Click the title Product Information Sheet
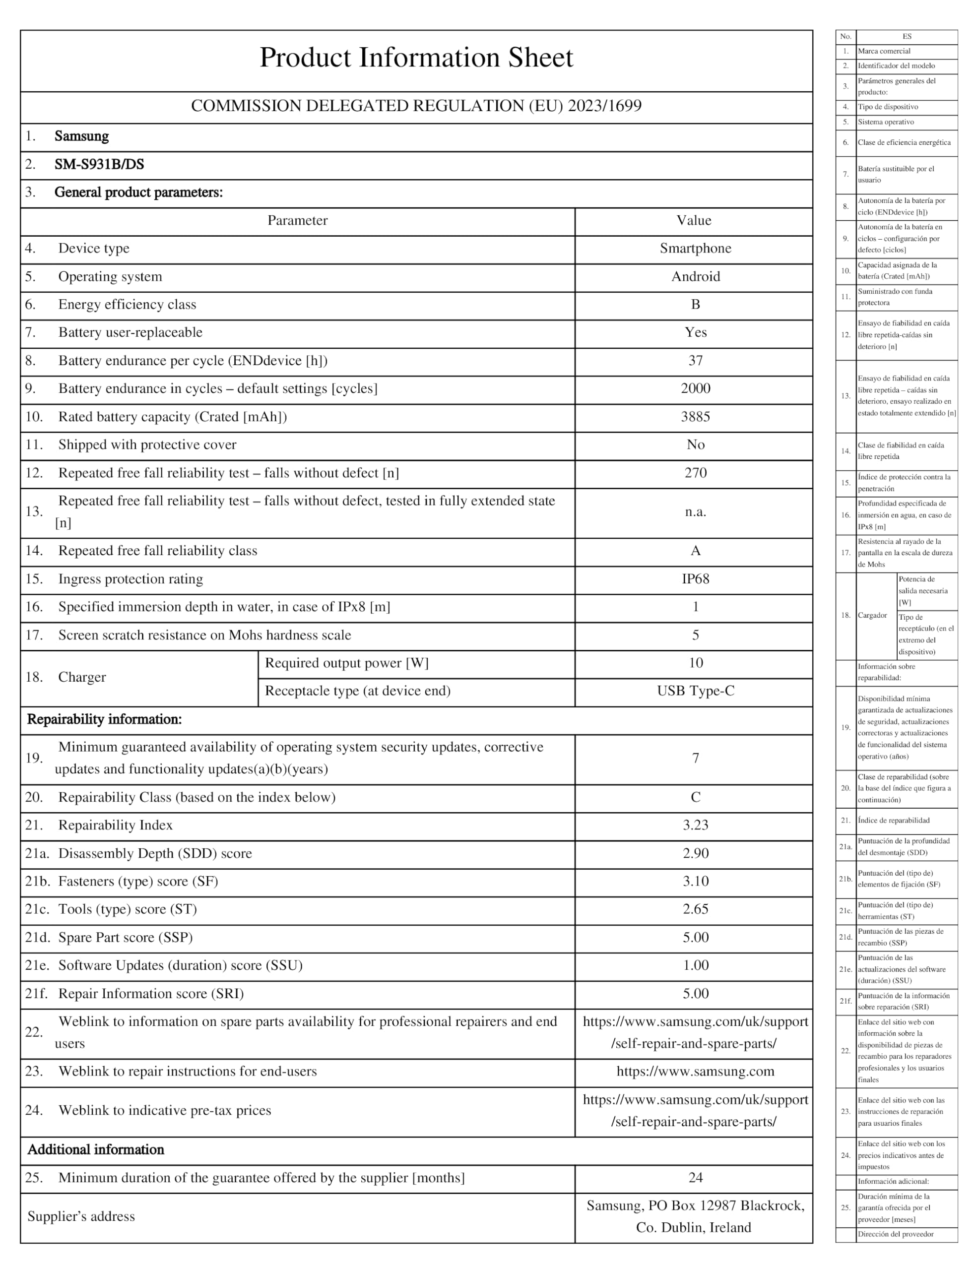(x=416, y=58)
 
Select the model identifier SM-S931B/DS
(x=99, y=165)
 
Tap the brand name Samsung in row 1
(x=81, y=136)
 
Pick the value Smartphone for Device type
(x=695, y=249)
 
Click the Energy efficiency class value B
(x=695, y=305)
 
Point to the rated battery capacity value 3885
(x=695, y=417)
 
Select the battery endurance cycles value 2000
(x=695, y=388)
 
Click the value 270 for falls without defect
(x=695, y=473)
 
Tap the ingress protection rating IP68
(x=695, y=579)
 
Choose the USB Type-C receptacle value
(x=695, y=691)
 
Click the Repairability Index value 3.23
(x=695, y=825)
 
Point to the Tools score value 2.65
(x=695, y=909)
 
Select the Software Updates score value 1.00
(x=695, y=965)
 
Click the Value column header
(x=694, y=220)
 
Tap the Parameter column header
(x=297, y=220)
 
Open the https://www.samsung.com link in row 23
(x=695, y=1071)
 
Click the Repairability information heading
(x=105, y=719)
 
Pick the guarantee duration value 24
(x=695, y=1178)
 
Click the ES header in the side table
(x=907, y=37)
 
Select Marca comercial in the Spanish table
(x=884, y=51)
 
